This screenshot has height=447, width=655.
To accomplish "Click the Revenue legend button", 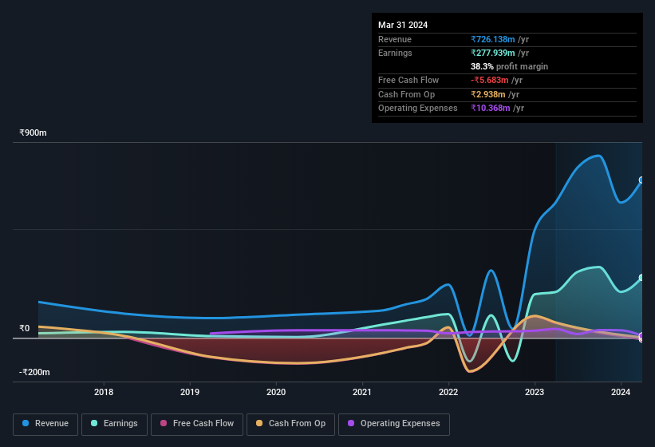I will coord(45,424).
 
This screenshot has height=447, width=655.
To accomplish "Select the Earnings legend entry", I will coord(114,424).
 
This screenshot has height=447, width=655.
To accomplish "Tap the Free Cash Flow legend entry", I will coord(197,424).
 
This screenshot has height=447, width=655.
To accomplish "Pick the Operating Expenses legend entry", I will coord(393,424).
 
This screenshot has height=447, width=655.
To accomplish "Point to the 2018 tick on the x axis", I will coord(104,392).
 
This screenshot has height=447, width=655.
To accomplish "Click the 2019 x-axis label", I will coord(190,392).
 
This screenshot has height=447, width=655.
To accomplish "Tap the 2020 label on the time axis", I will coord(276,392).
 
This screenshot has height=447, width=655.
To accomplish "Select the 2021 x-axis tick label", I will coord(362,392).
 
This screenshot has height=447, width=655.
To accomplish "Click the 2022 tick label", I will coord(448,392).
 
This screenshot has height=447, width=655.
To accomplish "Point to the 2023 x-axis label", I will coord(535,392).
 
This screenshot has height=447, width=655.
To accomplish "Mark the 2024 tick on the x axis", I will coord(621,392).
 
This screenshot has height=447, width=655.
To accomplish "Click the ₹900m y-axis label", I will coord(34,133).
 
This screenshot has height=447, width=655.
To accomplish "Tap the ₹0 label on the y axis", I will coord(25,328).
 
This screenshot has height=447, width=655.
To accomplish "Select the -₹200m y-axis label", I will coord(35,372).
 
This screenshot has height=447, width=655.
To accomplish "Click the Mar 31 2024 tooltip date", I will coord(403,25).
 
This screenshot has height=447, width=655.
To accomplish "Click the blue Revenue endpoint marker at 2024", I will coord(641,180).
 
